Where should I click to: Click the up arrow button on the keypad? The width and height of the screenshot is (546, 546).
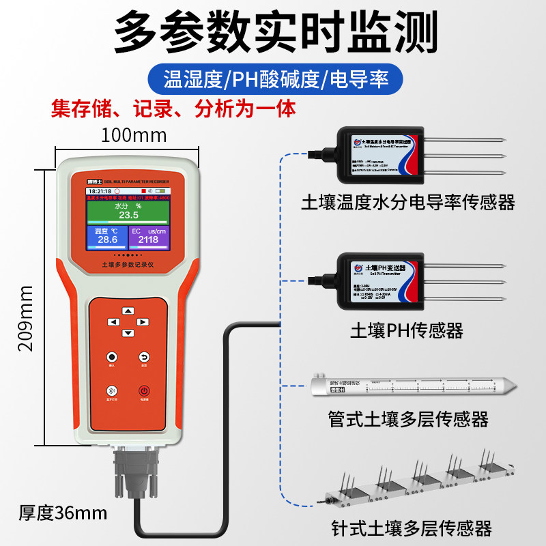click(126, 311)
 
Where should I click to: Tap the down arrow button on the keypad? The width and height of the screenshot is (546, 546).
click(126, 333)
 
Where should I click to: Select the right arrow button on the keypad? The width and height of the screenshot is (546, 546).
click(143, 322)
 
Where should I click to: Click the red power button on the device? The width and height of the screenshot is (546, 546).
click(144, 391)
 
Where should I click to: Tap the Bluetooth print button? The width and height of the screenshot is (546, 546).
click(109, 391)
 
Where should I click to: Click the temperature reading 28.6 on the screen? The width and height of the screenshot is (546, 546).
click(107, 240)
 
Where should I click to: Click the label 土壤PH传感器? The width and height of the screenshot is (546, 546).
click(407, 331)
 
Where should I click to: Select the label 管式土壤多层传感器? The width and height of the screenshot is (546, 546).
click(408, 418)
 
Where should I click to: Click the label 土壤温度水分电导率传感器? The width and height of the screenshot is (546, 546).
click(408, 202)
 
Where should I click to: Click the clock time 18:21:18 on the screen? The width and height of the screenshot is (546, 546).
click(100, 191)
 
